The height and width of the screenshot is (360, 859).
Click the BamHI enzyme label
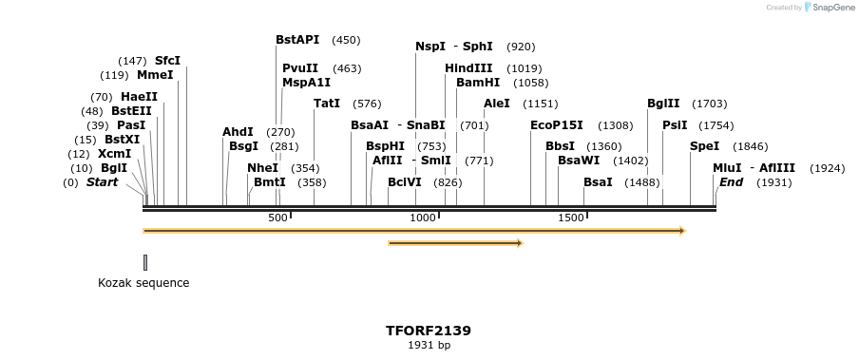[x=477, y=83]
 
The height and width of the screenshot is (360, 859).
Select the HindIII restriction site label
[x=468, y=68]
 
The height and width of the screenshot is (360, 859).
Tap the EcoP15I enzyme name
[x=556, y=125]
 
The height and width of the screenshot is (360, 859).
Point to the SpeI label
[x=704, y=146]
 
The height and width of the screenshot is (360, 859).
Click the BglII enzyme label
[x=663, y=104]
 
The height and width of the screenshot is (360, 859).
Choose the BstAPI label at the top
[x=297, y=40]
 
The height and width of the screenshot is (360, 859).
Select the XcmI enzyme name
[x=114, y=154]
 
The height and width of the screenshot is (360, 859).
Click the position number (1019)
[x=524, y=68]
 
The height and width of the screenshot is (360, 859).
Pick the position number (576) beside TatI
[x=366, y=104]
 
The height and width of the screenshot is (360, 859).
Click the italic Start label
[x=102, y=181]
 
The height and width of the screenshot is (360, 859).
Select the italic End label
[x=731, y=181]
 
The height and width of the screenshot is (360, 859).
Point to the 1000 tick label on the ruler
[x=422, y=218]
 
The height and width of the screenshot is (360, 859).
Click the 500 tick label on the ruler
[x=277, y=218]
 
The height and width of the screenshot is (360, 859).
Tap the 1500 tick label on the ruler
[x=570, y=218]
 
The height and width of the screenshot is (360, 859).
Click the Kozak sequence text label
[x=143, y=283]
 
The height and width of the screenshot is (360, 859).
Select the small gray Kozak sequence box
[x=145, y=261]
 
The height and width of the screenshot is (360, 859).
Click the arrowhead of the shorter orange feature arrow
[x=519, y=243]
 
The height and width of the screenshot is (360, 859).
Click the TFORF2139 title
[x=428, y=331]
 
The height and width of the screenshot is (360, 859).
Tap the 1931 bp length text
[x=429, y=345]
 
